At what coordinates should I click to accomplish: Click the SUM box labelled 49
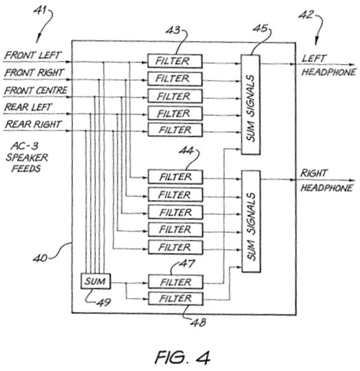pos(95,281)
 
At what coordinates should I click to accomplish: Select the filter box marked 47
pos(175,282)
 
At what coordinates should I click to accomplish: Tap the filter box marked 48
pos(175,299)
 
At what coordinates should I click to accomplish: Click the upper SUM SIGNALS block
pos(251,105)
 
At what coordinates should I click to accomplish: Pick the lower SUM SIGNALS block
pos(251,221)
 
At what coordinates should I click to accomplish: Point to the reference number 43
pos(173,30)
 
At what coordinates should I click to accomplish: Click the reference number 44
pos(186,151)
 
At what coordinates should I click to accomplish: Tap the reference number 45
pos(260,29)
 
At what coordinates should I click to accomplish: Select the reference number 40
pos(40,258)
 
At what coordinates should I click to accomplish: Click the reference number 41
pos(40,10)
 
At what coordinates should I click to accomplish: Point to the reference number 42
pos(306,15)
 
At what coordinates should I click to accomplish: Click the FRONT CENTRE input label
pos(36,91)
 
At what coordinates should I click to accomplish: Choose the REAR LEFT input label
pos(28,107)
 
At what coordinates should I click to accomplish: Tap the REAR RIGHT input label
pos(34,124)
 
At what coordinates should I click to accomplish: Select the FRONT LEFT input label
pos(33,55)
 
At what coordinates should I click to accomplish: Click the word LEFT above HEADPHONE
pos(314,58)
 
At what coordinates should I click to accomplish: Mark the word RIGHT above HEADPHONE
pos(314,173)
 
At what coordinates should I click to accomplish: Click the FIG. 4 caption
pos(182,357)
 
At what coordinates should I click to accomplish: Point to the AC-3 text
pos(24,146)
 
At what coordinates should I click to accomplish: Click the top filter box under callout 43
pos(175,62)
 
